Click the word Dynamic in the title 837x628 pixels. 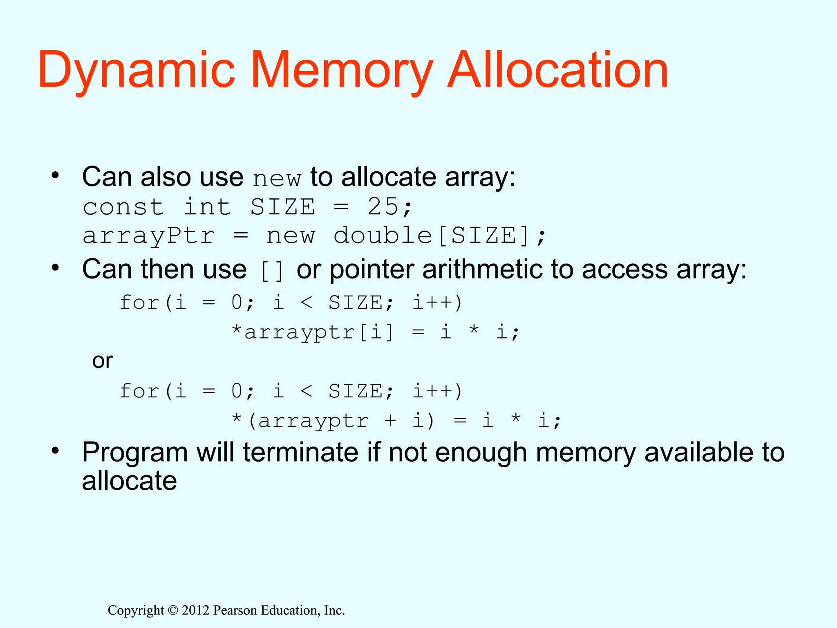click(x=137, y=70)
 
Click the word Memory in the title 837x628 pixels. click(x=342, y=70)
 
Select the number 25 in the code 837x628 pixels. click(x=383, y=206)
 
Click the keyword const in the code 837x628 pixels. click(x=123, y=206)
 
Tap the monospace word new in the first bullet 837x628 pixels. click(x=277, y=179)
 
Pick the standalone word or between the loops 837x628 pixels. click(x=102, y=361)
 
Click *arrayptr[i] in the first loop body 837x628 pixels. click(x=312, y=332)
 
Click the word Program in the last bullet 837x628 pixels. click(x=135, y=453)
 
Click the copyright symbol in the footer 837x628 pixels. click(x=173, y=610)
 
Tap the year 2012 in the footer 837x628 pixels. click(x=196, y=610)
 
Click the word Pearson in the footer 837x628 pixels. click(x=235, y=610)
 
